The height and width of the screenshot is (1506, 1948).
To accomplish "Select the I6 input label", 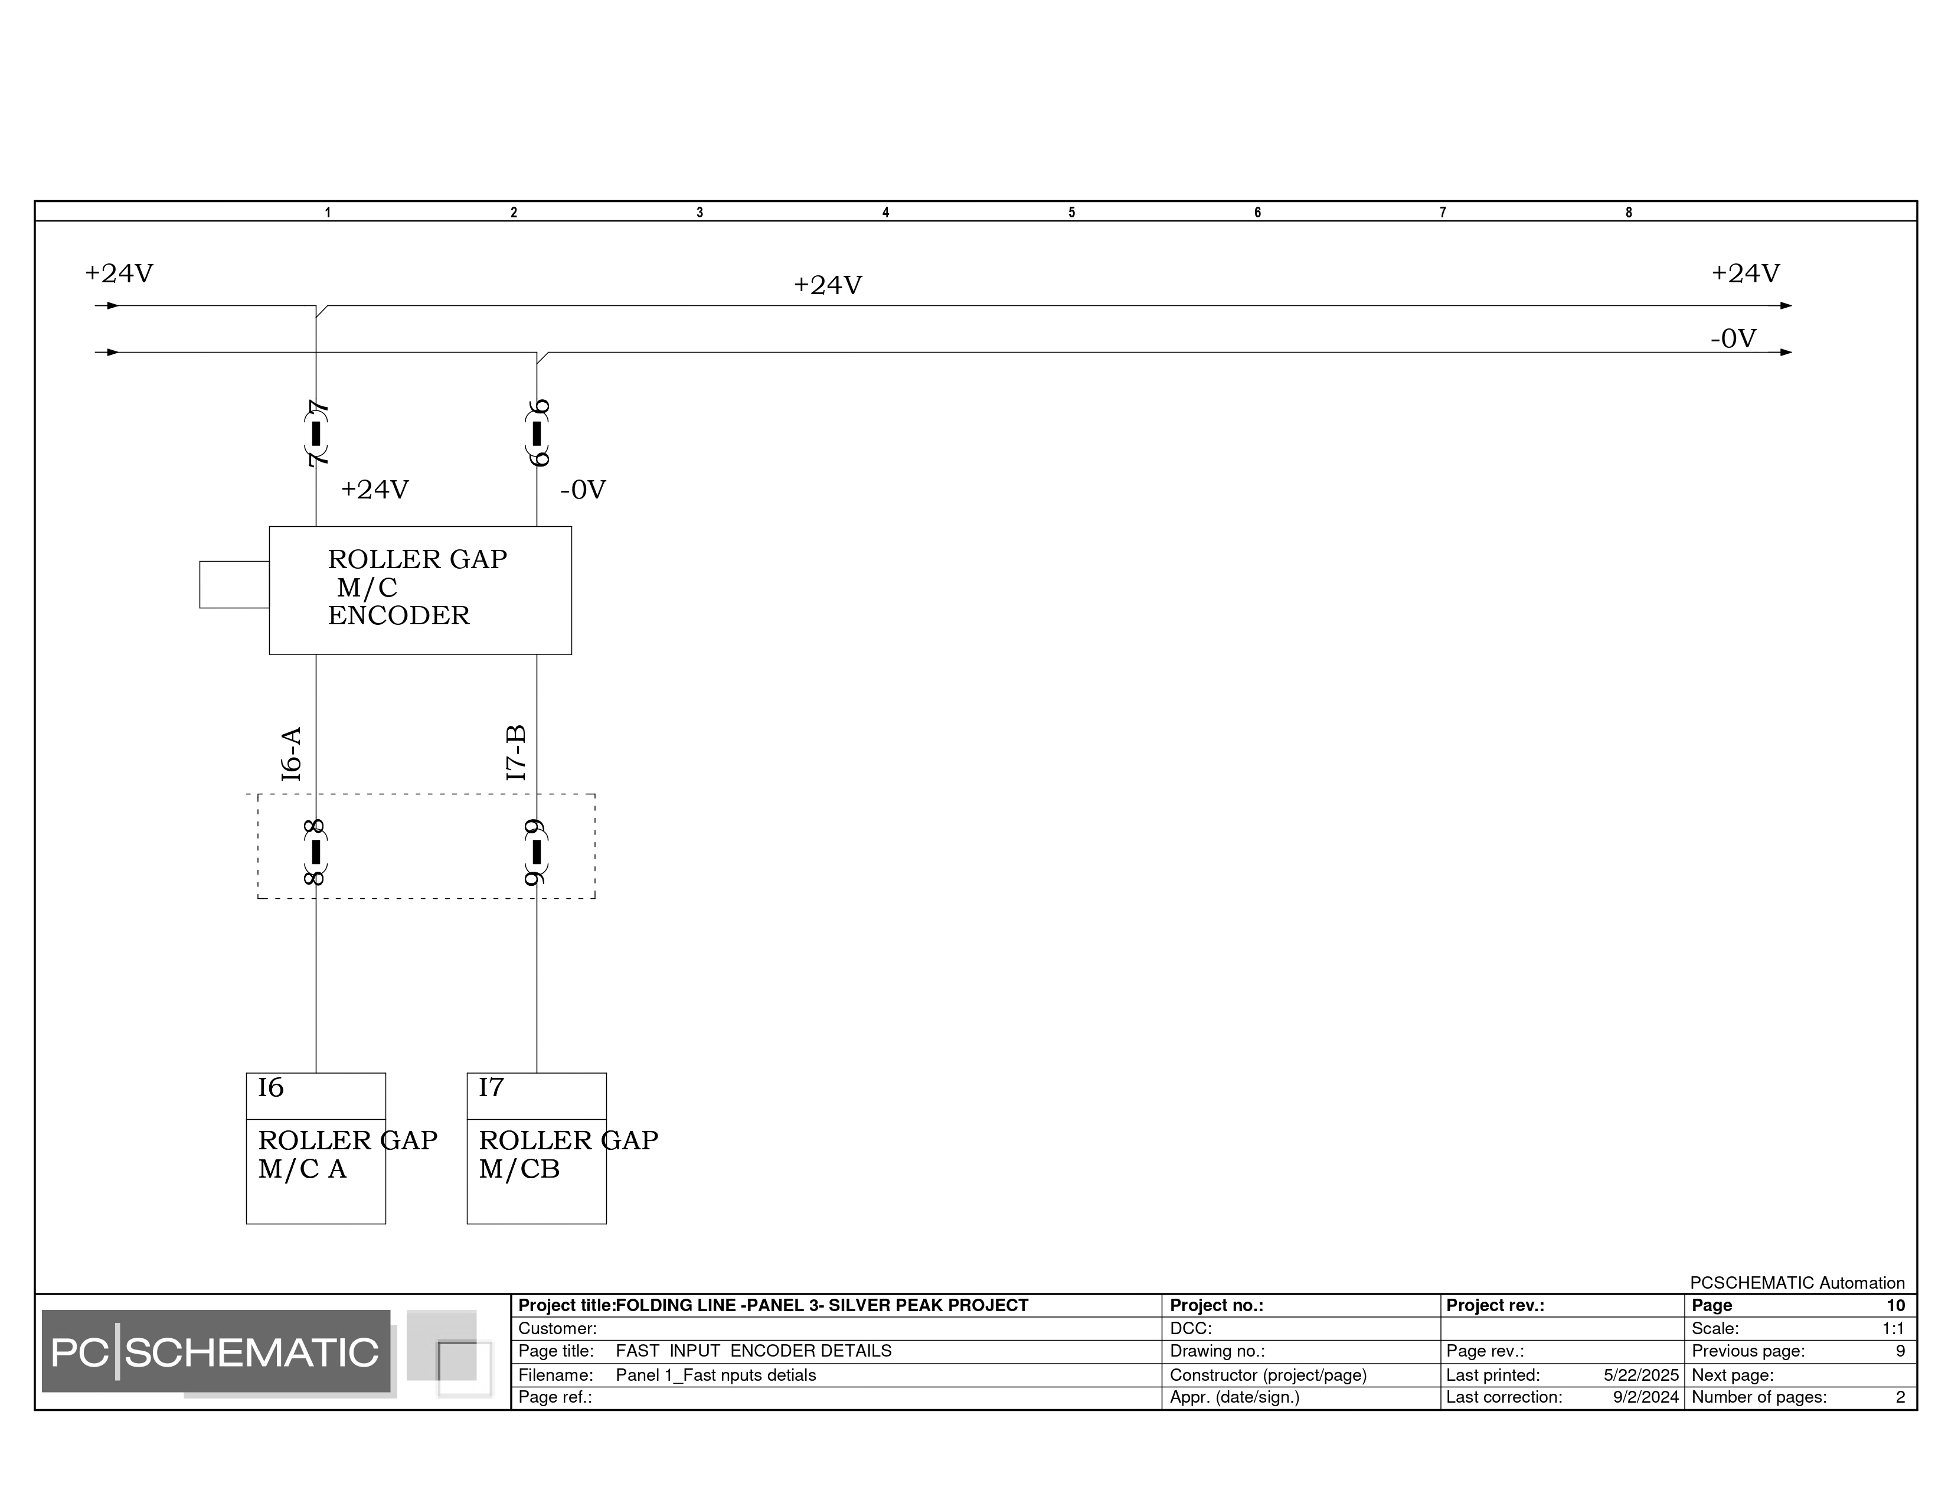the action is pyautogui.click(x=270, y=1087).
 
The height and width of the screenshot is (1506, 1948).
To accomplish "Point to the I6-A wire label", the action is pyautogui.click(x=292, y=754).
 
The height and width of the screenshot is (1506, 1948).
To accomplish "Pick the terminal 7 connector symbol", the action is pyautogui.click(x=316, y=433).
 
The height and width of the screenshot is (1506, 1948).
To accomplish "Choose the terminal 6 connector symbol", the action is pyautogui.click(x=537, y=433).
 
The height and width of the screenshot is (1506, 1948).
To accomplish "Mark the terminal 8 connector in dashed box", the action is pyautogui.click(x=316, y=852).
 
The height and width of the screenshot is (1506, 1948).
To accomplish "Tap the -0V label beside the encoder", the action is pyautogui.click(x=583, y=490).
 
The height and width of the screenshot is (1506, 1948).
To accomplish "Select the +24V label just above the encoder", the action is pyautogui.click(x=375, y=489).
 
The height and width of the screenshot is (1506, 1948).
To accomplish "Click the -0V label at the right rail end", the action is pyautogui.click(x=1733, y=338).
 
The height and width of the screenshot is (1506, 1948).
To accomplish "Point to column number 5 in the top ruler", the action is pyautogui.click(x=1071, y=213).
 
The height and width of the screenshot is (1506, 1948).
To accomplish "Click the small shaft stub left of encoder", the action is pyautogui.click(x=234, y=584).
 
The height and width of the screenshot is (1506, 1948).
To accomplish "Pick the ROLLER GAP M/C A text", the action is pyautogui.click(x=348, y=1155).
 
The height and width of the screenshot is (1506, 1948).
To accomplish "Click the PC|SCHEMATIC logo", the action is pyautogui.click(x=216, y=1352).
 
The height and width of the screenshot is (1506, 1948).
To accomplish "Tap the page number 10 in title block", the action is pyautogui.click(x=1895, y=1305).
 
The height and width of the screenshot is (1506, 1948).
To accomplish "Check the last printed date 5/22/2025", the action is pyautogui.click(x=1641, y=1375).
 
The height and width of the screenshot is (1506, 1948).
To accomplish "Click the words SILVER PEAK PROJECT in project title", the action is pyautogui.click(x=929, y=1305).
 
